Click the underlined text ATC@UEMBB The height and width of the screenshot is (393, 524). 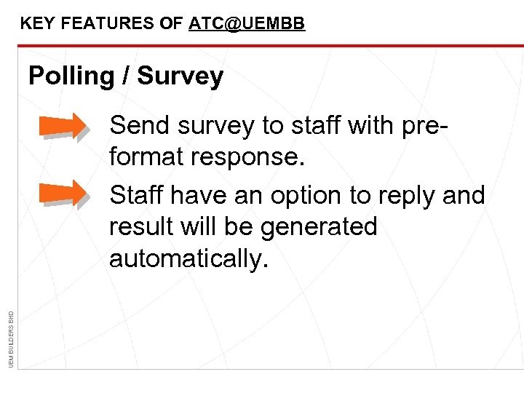(x=247, y=23)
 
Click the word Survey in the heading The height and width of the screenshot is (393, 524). (x=180, y=76)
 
